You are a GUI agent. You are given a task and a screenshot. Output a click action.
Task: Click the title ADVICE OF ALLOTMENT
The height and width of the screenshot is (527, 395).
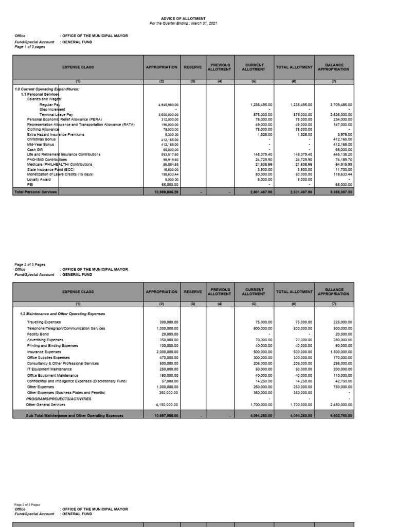coord(176,18)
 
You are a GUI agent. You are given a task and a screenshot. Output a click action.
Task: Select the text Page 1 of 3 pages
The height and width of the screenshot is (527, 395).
coord(30,46)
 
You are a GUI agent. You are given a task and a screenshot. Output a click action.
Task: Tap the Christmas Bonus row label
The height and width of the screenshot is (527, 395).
coord(42,139)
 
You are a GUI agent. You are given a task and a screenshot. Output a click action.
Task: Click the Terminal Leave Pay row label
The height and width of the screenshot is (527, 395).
coord(56,114)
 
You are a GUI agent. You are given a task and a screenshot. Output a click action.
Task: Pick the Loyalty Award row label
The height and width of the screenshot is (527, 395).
coord(39,179)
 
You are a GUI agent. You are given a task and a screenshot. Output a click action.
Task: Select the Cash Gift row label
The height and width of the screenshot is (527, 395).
coord(34,149)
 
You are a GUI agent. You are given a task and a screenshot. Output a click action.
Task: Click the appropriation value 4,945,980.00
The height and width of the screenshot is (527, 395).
coord(168,104)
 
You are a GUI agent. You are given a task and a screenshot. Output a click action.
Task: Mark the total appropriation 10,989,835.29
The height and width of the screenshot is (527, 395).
coord(167,191)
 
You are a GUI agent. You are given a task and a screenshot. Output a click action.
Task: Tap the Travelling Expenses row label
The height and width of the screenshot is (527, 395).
coord(44,323)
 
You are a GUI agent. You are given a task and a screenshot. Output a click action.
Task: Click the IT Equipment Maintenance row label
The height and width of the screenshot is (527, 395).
coord(49,369)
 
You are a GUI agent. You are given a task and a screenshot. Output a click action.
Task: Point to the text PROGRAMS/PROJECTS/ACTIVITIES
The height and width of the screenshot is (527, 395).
coord(59,398)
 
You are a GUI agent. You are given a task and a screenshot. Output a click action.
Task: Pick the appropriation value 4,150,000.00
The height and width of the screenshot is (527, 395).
coord(168,405)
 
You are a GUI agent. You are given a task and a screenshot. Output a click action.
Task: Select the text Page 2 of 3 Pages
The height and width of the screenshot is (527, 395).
coord(30,265)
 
